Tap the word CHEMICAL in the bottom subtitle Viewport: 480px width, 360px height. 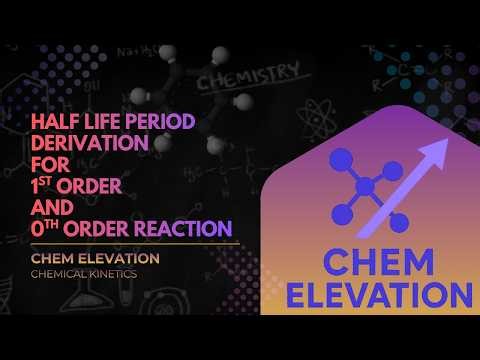[59, 274]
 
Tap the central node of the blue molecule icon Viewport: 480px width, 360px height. [366, 186]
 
